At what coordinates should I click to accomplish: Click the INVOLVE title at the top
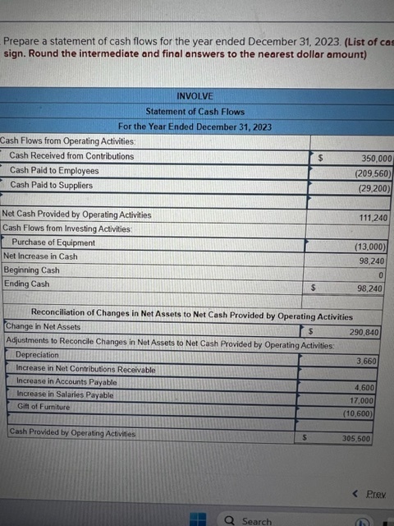(x=195, y=96)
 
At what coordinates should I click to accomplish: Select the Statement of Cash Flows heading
(x=195, y=112)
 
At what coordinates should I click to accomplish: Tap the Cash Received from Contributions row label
(x=71, y=156)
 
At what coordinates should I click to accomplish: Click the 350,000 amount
(x=377, y=159)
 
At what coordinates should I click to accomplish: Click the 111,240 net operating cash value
(x=373, y=218)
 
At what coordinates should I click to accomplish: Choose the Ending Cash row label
(x=26, y=284)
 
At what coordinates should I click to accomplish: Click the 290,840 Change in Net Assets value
(x=364, y=332)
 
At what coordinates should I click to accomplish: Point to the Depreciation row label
(x=38, y=355)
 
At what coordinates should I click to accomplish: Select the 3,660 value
(x=367, y=362)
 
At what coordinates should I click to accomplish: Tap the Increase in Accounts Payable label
(x=66, y=382)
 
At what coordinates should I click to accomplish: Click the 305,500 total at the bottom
(x=356, y=439)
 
